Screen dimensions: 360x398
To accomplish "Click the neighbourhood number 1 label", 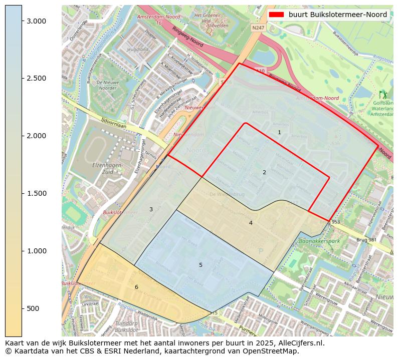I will click(x=279, y=132).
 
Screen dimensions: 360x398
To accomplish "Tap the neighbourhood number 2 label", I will click(x=264, y=172).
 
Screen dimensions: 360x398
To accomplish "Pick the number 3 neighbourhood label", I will click(x=151, y=209).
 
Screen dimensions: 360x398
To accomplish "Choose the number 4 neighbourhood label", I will click(x=251, y=223).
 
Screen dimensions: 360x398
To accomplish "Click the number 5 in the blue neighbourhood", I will click(x=201, y=265).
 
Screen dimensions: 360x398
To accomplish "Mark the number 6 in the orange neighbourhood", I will click(x=136, y=287).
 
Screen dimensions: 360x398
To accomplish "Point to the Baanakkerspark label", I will click(x=319, y=241).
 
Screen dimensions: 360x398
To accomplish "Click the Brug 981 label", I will click(x=366, y=240).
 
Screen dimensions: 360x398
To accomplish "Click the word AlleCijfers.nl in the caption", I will click(x=300, y=343).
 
